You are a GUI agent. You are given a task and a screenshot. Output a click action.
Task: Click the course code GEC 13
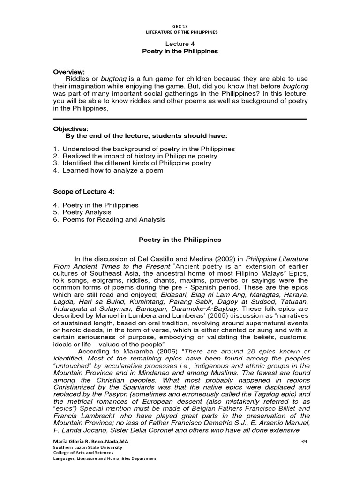click(x=180, y=27)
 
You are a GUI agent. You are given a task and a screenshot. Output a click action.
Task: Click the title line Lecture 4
click(x=180, y=44)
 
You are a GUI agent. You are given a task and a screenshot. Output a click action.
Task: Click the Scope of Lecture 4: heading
click(x=84, y=192)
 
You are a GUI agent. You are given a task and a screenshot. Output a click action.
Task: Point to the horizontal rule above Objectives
click(x=180, y=119)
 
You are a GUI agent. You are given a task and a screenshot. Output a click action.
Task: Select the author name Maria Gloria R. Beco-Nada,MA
click(x=86, y=442)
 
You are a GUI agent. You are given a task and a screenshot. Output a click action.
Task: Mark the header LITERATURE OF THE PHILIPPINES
click(x=180, y=32)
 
